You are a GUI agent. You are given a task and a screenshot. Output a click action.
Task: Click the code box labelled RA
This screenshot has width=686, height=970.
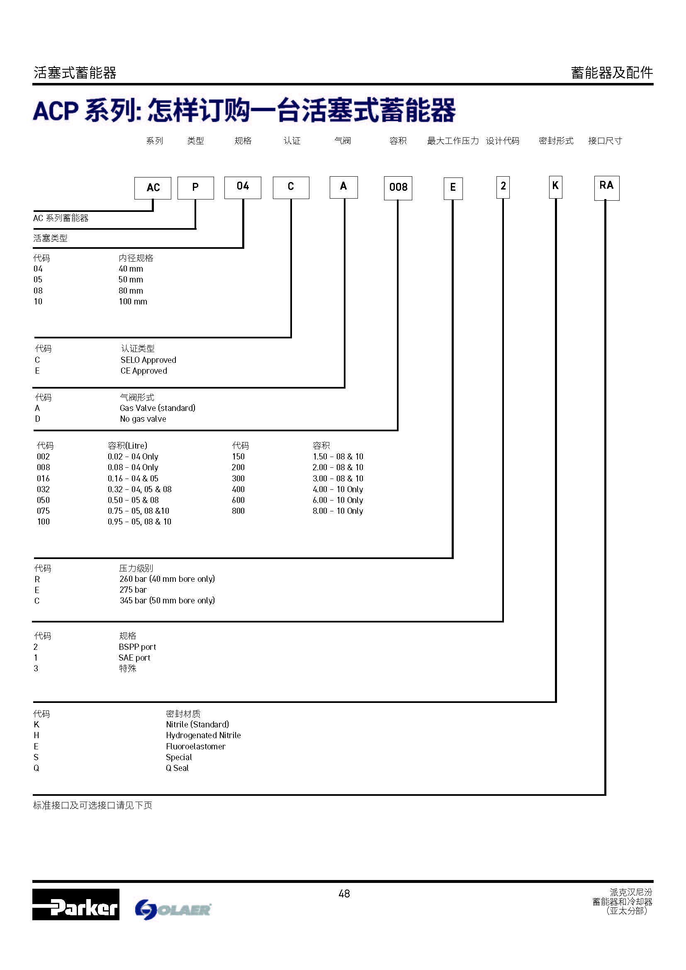(606, 188)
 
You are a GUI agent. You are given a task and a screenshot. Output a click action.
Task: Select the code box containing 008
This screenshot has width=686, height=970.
(398, 188)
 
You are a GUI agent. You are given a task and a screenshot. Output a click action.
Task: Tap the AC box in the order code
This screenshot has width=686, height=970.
(153, 188)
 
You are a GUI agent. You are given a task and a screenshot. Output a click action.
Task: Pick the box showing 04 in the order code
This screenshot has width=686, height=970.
(243, 187)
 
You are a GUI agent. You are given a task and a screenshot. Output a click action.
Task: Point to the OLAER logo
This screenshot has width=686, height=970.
(173, 909)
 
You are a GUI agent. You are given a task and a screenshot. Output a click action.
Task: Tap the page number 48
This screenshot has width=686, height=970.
(344, 894)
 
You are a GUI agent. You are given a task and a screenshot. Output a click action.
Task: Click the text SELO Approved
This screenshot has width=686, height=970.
(148, 360)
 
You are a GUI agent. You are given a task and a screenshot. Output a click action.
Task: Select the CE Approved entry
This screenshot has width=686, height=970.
(144, 371)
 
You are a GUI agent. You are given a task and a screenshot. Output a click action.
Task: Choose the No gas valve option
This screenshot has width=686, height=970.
(143, 419)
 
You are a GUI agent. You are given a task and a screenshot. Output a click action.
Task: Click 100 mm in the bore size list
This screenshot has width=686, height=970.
(133, 301)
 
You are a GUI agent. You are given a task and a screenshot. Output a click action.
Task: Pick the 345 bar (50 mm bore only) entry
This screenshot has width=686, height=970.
(167, 600)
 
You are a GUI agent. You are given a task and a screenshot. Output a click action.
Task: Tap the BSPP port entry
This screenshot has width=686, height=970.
(137, 647)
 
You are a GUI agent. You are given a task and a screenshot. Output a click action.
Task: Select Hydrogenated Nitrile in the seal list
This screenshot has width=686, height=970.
(203, 736)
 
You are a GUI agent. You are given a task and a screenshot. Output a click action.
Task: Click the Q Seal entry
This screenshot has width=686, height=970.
(177, 768)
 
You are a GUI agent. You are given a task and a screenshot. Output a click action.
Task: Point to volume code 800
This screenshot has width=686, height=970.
(238, 511)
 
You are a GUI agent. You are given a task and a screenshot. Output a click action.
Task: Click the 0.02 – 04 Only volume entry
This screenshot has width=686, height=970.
(133, 457)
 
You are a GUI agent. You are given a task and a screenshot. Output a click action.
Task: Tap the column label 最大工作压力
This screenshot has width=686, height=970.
(452, 141)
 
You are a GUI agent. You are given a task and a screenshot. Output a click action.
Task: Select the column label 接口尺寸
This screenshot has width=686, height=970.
(604, 141)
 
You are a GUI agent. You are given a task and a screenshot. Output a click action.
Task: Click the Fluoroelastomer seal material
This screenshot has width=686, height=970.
(196, 746)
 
